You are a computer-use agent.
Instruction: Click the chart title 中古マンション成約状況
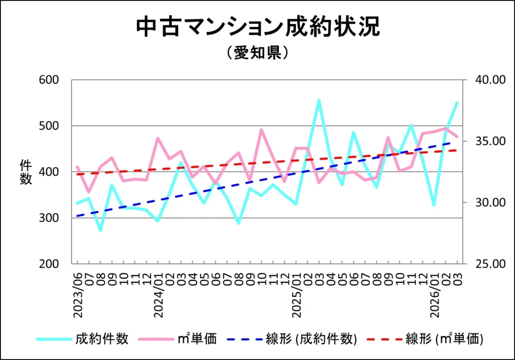pyautogui.click(x=257, y=28)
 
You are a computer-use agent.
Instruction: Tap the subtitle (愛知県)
pyautogui.click(x=257, y=53)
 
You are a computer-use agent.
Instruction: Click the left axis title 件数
pyautogui.click(x=26, y=172)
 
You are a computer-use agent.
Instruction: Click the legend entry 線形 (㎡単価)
pyautogui.click(x=444, y=339)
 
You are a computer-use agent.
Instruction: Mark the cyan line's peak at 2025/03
pyautogui.click(x=319, y=100)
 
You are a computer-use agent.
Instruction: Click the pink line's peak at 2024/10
pyautogui.click(x=262, y=130)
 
